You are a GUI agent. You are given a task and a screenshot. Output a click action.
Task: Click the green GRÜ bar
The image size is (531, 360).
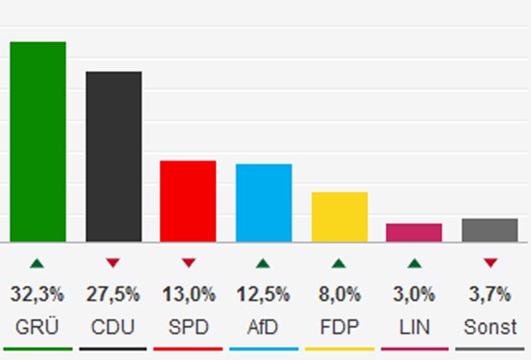coord(38,141)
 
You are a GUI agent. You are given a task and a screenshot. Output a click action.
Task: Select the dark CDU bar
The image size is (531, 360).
coord(113,156)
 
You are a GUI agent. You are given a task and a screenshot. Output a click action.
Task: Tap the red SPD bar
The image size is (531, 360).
coord(188,201)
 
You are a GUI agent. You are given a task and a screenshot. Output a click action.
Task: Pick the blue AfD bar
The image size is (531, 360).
coord(264,202)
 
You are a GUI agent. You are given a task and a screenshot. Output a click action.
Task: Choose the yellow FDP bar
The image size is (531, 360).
coord(339,216)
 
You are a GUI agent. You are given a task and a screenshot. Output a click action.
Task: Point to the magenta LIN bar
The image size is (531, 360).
coord(415,232)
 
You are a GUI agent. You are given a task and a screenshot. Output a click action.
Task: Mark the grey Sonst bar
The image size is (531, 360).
coord(490,230)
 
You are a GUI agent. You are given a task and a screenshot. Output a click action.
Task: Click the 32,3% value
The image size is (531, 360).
coord(38,295)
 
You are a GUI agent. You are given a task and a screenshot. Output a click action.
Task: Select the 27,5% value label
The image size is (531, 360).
coord(113,295)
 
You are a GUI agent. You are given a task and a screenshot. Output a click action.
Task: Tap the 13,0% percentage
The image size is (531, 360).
coord(188,295)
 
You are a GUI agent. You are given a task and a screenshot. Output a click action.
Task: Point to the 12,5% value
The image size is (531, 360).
coord(264,295)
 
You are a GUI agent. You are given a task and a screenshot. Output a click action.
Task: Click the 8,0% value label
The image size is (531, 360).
coord(339,295)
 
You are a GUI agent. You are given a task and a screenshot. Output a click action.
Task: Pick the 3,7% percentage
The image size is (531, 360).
coord(490,295)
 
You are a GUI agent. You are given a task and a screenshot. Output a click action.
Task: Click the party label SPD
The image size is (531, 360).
coord(188,327)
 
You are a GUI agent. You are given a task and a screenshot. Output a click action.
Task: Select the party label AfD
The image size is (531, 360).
coord(264,327)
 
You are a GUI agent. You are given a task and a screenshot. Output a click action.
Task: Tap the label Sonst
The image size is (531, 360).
coord(490,327)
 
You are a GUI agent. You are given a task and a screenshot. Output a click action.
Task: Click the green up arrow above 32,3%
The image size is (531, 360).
coord(38,263)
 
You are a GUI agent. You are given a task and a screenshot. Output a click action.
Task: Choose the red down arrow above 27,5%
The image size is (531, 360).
coord(113,263)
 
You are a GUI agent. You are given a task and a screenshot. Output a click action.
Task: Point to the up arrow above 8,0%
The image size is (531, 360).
coord(339,263)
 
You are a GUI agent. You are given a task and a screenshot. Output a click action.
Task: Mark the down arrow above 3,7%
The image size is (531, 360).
coord(490,263)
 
